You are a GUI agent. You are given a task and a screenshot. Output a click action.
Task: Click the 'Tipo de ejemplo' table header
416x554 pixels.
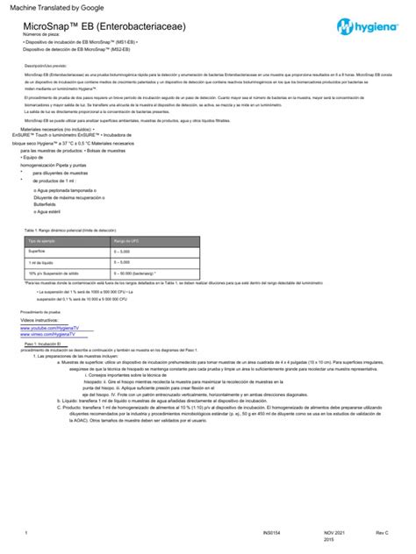[x=44, y=239]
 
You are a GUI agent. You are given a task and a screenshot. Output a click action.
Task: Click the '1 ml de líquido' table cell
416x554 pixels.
[x=44, y=262]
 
